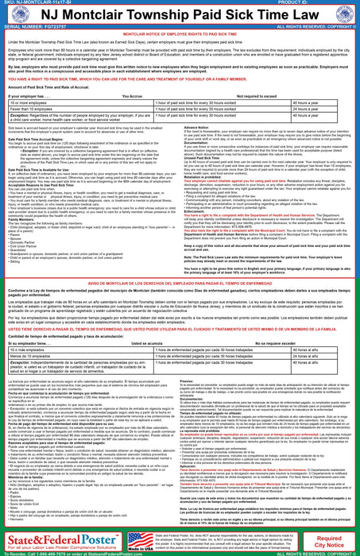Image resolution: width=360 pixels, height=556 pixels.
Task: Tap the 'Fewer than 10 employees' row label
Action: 31,110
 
